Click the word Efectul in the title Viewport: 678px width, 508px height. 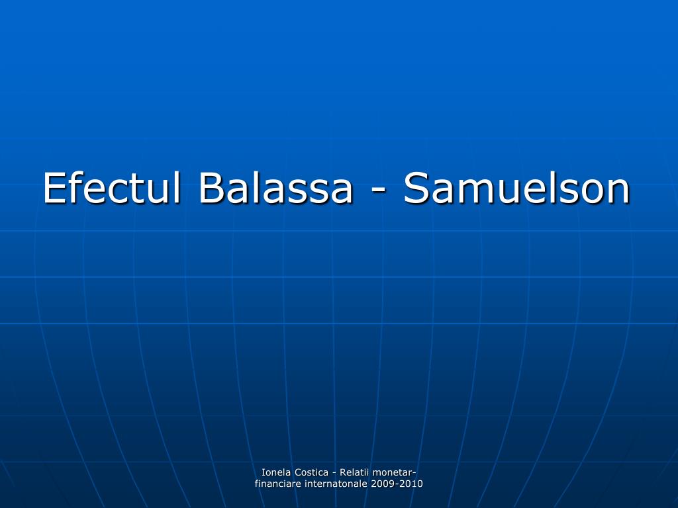pyautogui.click(x=112, y=188)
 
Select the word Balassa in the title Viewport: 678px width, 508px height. pyautogui.click(x=275, y=188)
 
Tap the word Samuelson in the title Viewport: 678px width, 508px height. pyautogui.click(x=516, y=188)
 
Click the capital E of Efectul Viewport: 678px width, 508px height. pyautogui.click(x=54, y=188)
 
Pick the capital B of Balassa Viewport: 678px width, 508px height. pyautogui.click(x=210, y=188)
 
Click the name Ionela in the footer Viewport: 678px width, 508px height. pyautogui.click(x=275, y=472)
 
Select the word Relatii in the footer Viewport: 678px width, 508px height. pyautogui.click(x=355, y=472)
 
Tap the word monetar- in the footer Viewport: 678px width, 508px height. pyautogui.click(x=395, y=472)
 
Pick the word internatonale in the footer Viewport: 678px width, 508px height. pyautogui.click(x=334, y=484)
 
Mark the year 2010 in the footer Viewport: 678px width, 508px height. pyautogui.click(x=411, y=484)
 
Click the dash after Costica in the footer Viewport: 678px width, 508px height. pyautogui.click(x=334, y=472)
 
